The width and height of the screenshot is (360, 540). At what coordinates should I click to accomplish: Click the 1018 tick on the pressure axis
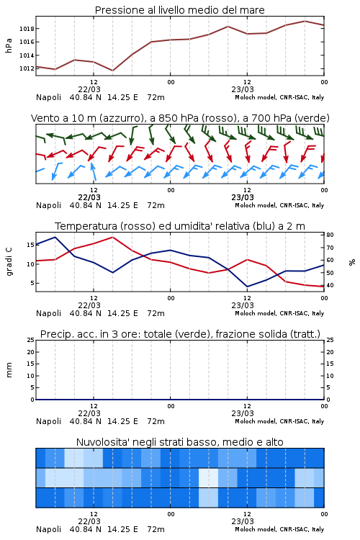coord(27,29)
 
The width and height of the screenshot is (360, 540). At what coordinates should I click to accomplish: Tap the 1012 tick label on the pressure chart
coord(27,68)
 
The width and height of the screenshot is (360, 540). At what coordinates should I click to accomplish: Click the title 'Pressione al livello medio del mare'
coord(180,10)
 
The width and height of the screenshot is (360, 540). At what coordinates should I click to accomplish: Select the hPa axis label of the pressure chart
coord(9,45)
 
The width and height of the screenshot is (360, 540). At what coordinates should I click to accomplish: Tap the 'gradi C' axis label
coord(9,261)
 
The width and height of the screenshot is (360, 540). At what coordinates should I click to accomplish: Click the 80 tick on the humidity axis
coord(330,235)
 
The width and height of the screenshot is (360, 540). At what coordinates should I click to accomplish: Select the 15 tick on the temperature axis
coord(31,245)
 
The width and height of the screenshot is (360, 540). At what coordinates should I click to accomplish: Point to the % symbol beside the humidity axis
coord(352,262)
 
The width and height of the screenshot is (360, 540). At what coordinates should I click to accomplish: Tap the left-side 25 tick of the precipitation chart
coord(31,340)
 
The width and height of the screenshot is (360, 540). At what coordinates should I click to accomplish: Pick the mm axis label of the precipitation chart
coord(9,370)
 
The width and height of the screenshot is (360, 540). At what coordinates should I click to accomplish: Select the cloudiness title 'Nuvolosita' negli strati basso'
coord(148,442)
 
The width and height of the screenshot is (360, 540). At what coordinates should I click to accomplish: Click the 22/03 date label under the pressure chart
coord(89,89)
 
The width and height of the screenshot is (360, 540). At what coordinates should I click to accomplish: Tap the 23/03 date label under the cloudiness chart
coord(243,521)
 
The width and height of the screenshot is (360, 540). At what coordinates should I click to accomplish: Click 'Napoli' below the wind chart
coord(48,206)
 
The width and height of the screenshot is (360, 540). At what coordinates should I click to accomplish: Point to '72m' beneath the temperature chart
coord(156,313)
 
